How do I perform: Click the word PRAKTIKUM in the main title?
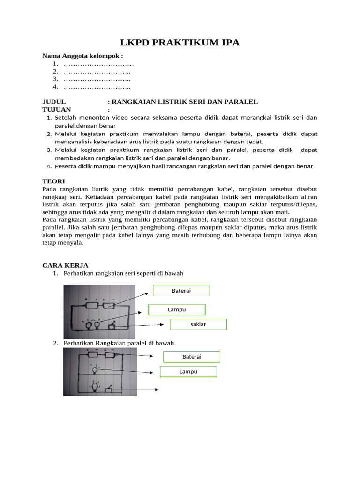click(180, 43)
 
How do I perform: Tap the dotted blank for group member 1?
click(98, 64)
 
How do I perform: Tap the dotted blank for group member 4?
click(97, 87)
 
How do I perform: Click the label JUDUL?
click(54, 102)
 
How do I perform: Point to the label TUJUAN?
click(57, 109)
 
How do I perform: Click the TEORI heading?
click(53, 181)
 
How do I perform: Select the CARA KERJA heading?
click(65, 265)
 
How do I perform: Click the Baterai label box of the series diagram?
click(181, 291)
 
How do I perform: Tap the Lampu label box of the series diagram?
click(177, 309)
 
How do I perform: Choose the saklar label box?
click(198, 324)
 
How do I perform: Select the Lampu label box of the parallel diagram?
click(188, 372)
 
